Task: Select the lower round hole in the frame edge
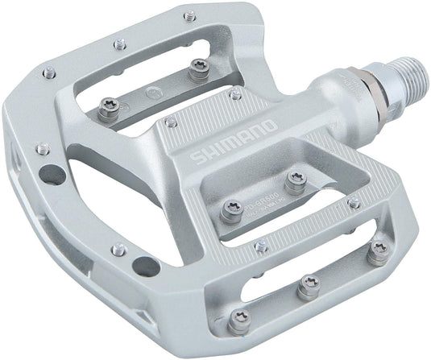tap(144, 265)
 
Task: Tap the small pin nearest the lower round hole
tap(118, 250)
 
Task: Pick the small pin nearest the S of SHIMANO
tap(171, 122)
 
